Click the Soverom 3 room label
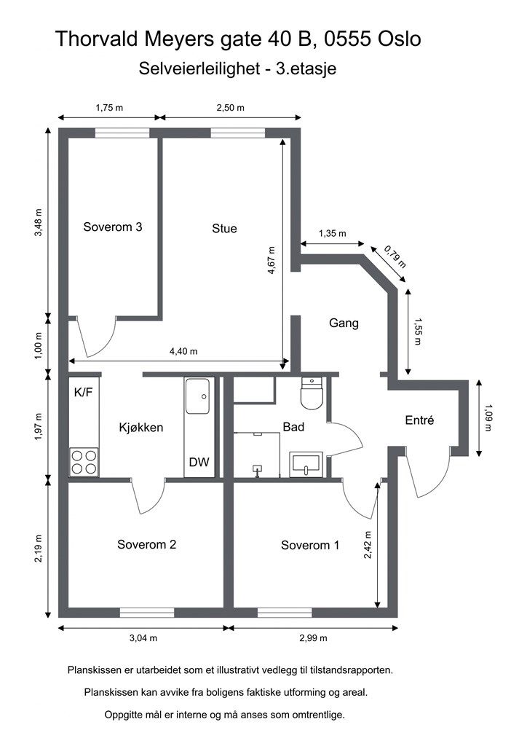113,227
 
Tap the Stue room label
224,228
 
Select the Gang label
344,323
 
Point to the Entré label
419,420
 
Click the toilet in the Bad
312,393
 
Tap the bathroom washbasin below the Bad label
306,464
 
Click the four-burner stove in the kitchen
84,462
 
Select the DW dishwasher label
199,462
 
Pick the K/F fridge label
83,393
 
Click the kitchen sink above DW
198,396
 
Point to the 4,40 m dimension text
183,352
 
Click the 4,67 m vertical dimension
271,260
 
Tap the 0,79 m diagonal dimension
395,256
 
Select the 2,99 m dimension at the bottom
313,638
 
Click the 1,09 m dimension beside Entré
488,417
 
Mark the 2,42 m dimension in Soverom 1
368,545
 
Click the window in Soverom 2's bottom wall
147,613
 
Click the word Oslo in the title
399,39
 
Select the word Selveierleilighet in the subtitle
199,68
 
